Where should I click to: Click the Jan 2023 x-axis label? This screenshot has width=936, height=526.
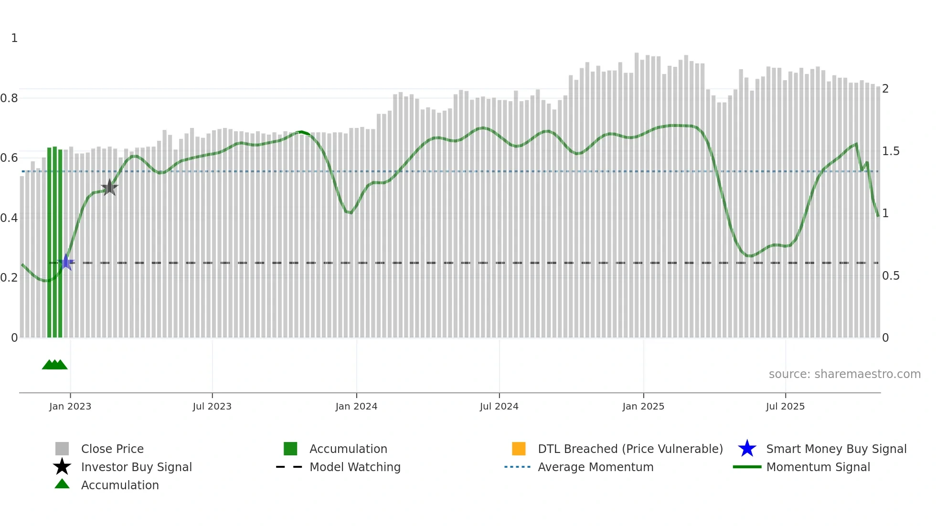[70, 406]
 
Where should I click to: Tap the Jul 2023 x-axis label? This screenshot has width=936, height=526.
[212, 406]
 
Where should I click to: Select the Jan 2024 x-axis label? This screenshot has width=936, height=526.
[356, 406]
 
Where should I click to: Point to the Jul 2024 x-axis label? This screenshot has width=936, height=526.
[499, 406]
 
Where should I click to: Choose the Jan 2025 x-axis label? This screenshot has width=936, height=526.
[643, 406]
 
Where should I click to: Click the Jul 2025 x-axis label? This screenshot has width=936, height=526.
[785, 406]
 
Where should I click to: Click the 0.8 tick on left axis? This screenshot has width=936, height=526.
[9, 98]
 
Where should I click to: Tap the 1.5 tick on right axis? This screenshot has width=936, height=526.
[891, 151]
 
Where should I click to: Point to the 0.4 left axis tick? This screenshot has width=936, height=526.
[9, 218]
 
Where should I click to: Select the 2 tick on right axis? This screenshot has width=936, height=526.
[885, 89]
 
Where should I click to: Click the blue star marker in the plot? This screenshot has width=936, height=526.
[66, 262]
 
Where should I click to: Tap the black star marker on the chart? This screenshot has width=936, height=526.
[109, 188]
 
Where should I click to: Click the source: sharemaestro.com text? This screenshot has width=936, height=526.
[844, 374]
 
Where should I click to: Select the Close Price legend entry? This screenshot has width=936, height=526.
[112, 449]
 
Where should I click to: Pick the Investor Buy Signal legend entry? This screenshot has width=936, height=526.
[136, 467]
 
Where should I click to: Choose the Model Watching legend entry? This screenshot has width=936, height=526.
[355, 467]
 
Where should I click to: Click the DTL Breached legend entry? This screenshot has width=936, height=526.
[630, 449]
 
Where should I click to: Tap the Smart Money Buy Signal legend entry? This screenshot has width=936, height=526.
[836, 449]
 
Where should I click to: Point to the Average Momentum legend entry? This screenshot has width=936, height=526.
[596, 467]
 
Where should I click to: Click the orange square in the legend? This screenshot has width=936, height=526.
[519, 449]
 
